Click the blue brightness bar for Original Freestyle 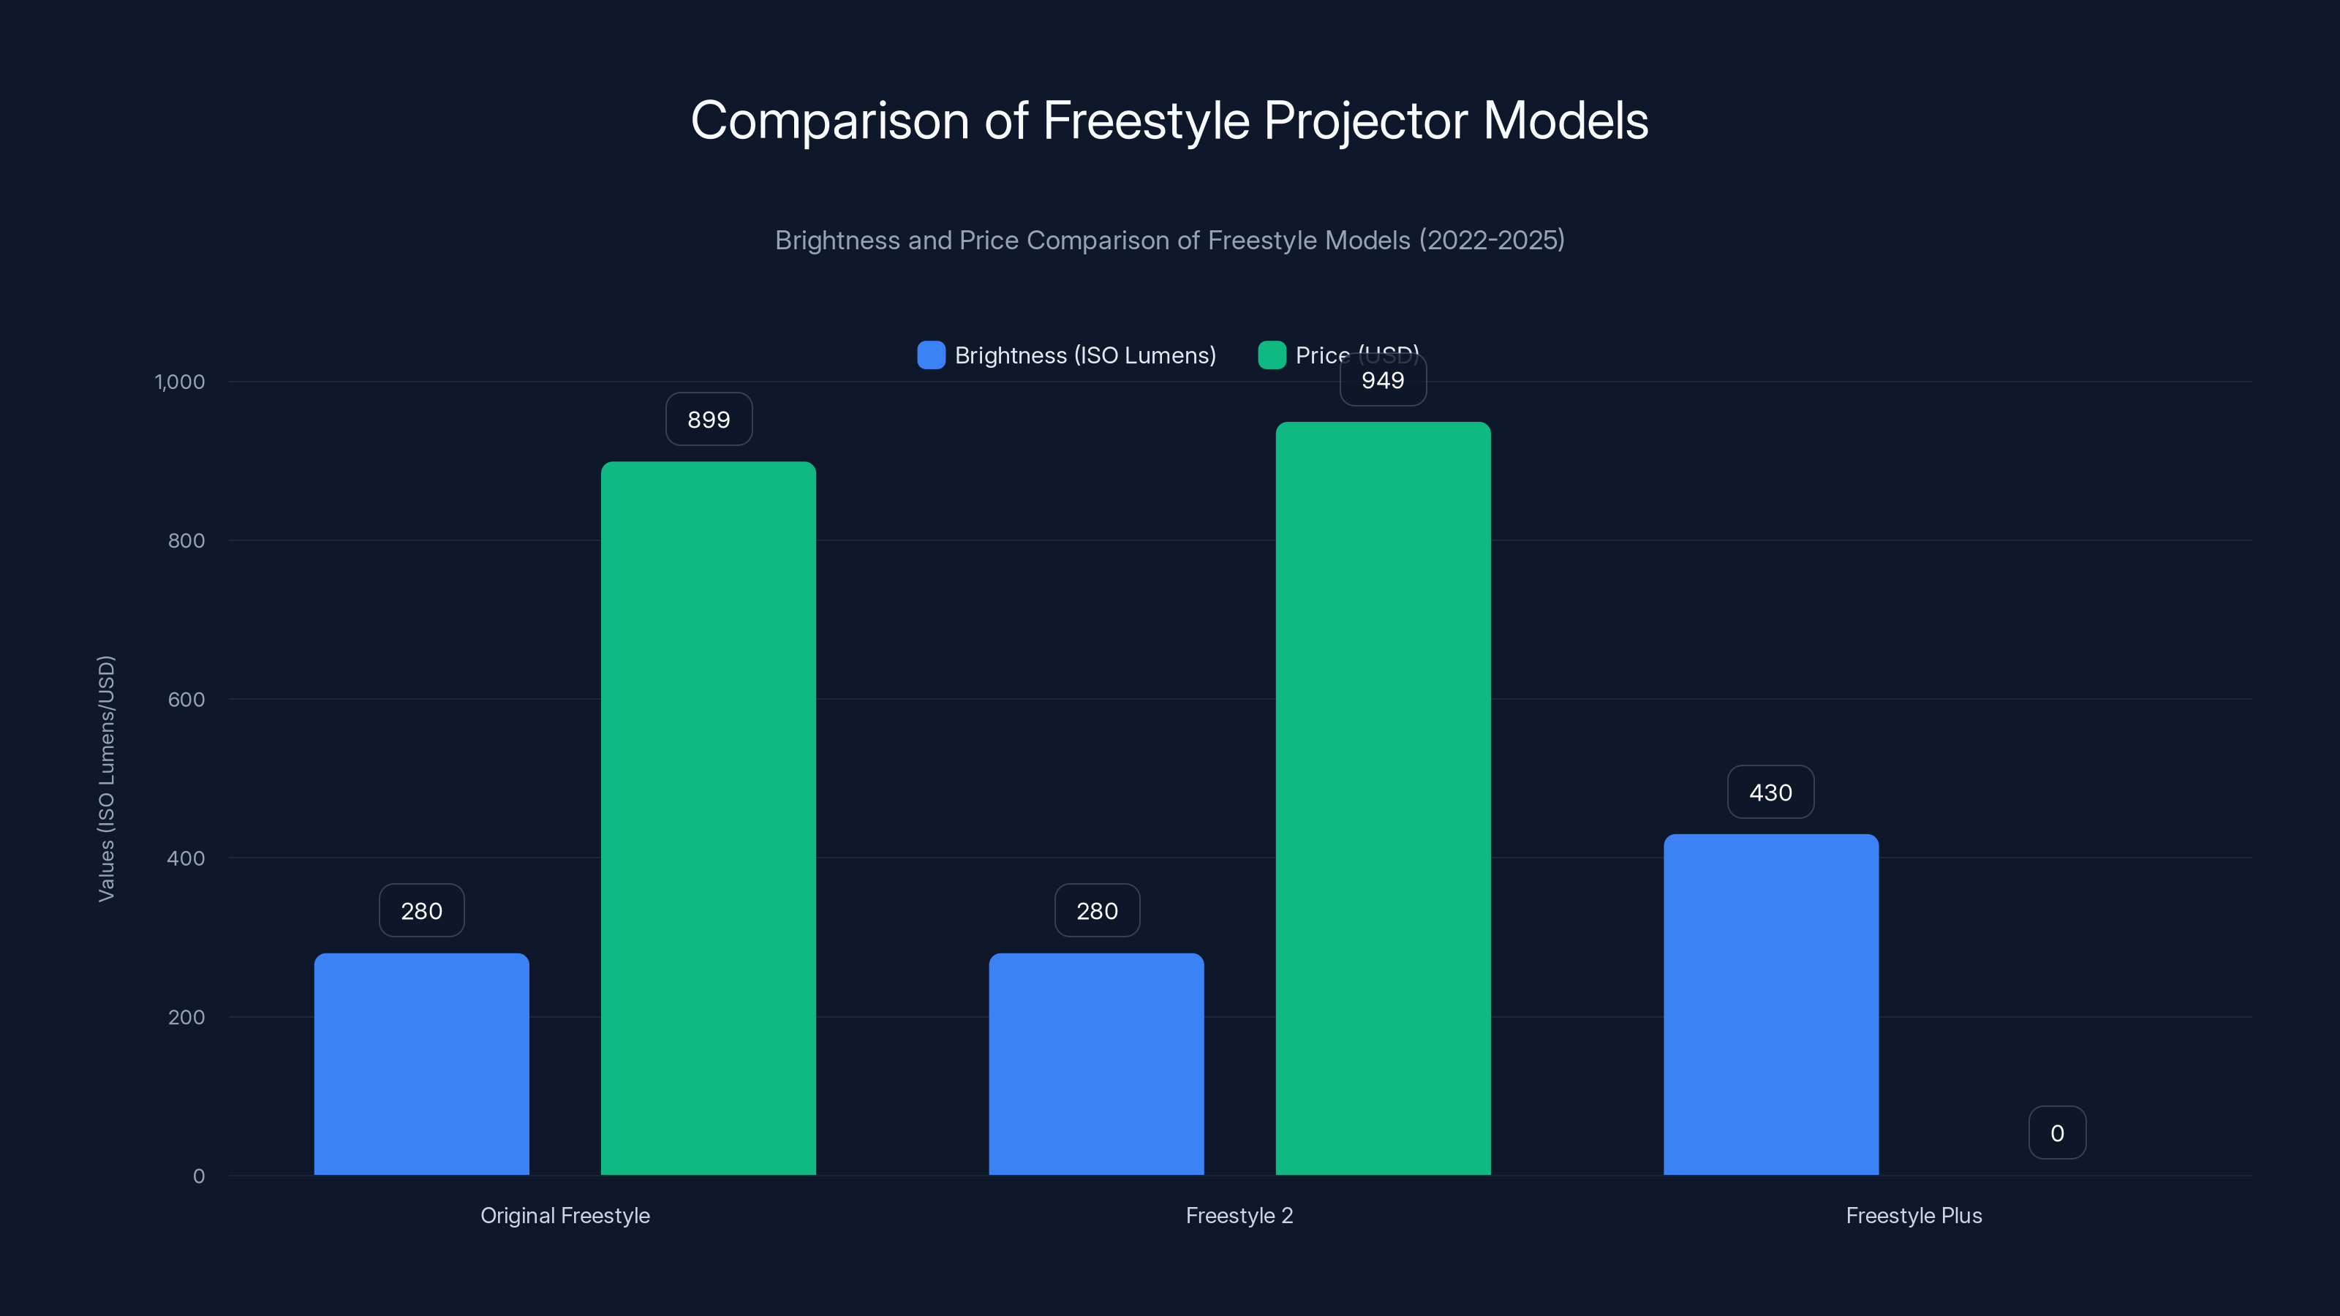coord(421,1064)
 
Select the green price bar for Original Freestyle coord(709,817)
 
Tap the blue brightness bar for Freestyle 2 coord(1096,1064)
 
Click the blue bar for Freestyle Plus coord(1770,1004)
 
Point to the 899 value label coord(709,420)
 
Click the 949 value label coord(1383,380)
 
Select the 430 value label coord(1770,792)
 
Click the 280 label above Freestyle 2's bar coord(1096,910)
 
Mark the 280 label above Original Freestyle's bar coord(421,910)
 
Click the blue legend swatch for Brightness coord(931,355)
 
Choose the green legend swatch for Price coord(1272,355)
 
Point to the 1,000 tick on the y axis coord(180,382)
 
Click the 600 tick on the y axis coord(186,700)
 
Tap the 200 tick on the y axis coord(186,1017)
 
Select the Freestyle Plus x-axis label coord(1914,1215)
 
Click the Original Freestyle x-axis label coord(565,1215)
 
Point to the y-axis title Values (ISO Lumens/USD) coord(106,779)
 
